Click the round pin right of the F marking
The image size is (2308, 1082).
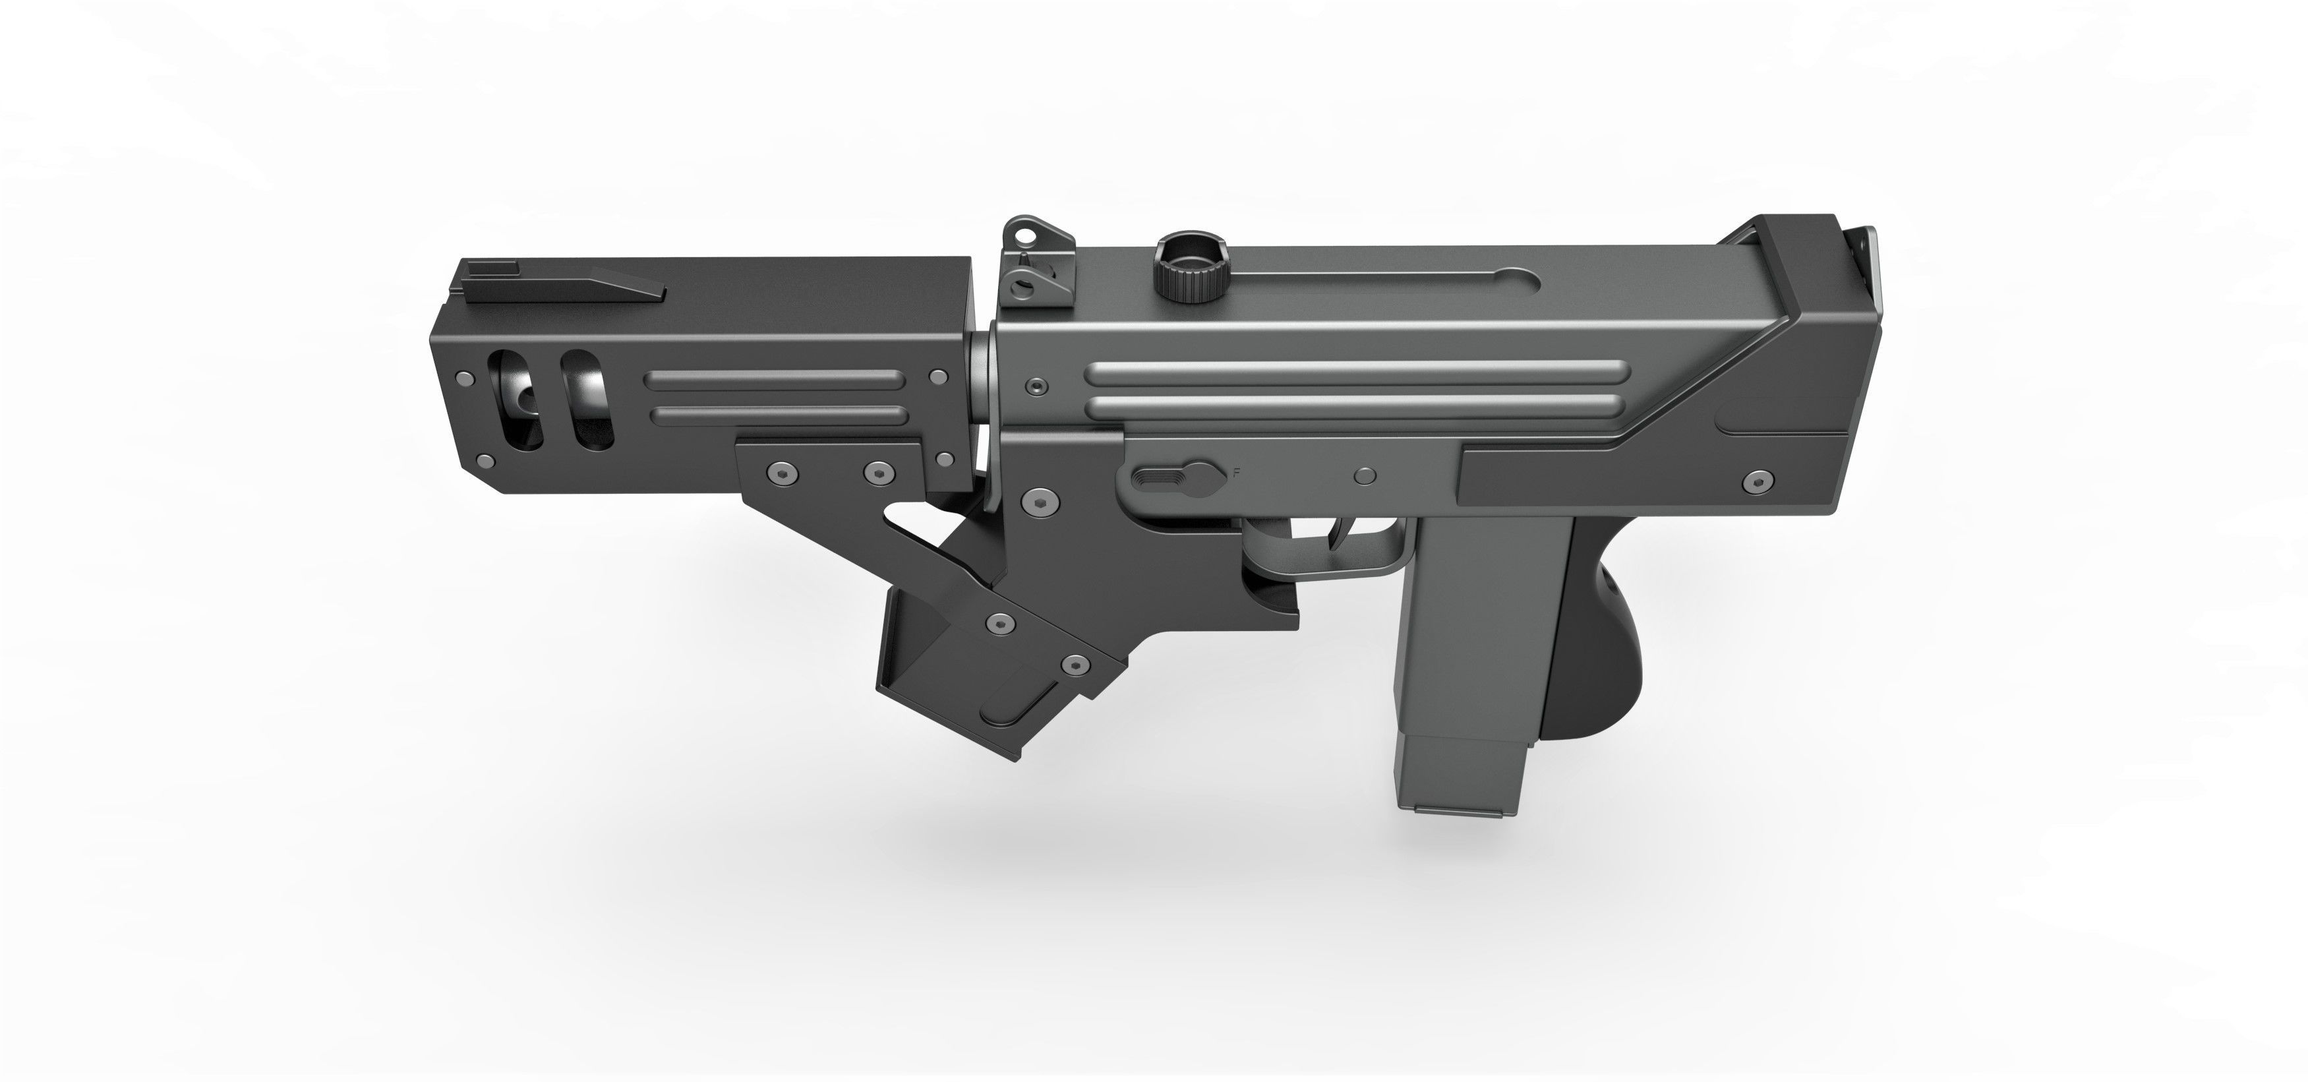1365,475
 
